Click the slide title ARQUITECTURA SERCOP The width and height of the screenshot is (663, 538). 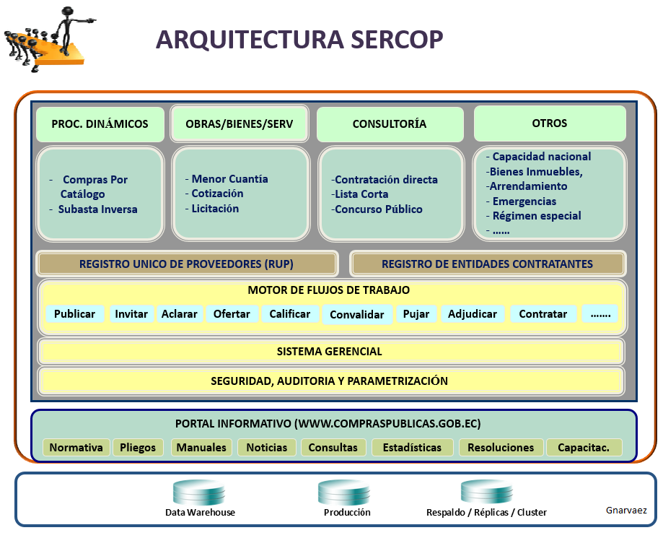click(299, 40)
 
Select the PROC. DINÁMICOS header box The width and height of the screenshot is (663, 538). click(100, 123)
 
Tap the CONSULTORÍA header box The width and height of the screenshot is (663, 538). click(389, 123)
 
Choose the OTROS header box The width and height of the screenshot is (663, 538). click(549, 123)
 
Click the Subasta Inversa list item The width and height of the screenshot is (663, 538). click(97, 209)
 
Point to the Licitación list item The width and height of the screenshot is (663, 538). click(215, 209)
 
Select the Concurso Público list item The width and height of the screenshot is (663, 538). click(379, 209)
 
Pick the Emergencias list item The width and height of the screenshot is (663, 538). click(524, 201)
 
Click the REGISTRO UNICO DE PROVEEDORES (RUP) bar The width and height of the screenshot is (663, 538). click(187, 264)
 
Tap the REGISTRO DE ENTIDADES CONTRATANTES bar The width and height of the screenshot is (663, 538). click(487, 264)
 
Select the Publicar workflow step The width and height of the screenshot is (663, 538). click(74, 314)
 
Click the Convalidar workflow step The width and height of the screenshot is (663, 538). click(357, 315)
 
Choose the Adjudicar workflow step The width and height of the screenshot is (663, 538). click(472, 314)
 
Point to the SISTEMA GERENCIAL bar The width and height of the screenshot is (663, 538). click(330, 352)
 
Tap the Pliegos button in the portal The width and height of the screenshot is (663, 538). click(138, 448)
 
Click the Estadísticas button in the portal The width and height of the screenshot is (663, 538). click(412, 448)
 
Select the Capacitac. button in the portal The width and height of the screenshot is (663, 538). click(583, 448)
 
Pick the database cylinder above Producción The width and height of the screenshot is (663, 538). click(344, 492)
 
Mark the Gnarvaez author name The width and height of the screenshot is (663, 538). click(626, 511)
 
